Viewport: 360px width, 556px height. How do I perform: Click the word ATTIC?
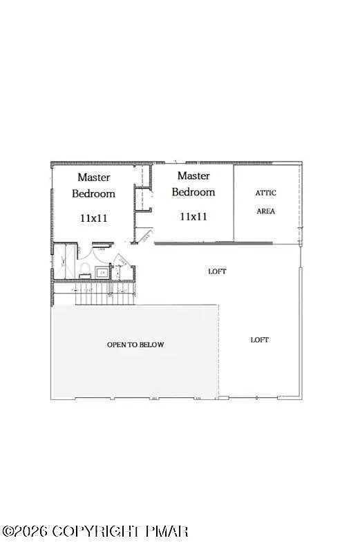pyautogui.click(x=266, y=193)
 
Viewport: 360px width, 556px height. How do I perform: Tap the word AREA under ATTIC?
pyautogui.click(x=266, y=211)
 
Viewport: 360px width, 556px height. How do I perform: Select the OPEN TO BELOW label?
pyautogui.click(x=135, y=345)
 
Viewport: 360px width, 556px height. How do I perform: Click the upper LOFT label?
pyautogui.click(x=218, y=271)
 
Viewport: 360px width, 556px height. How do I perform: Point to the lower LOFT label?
pyautogui.click(x=260, y=340)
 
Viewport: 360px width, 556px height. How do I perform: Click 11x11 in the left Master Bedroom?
pyautogui.click(x=94, y=218)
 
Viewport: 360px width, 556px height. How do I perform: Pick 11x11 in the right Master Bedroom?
pyautogui.click(x=193, y=216)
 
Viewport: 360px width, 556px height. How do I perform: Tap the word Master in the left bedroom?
pyautogui.click(x=94, y=178)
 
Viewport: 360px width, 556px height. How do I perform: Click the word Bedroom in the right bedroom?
pyautogui.click(x=193, y=192)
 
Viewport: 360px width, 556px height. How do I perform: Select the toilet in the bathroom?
pyautogui.click(x=82, y=267)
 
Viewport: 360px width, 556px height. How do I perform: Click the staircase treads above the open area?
pyautogui.click(x=97, y=297)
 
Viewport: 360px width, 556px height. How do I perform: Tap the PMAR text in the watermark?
pyautogui.click(x=167, y=531)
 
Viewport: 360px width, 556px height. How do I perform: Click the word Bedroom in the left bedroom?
pyautogui.click(x=94, y=193)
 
